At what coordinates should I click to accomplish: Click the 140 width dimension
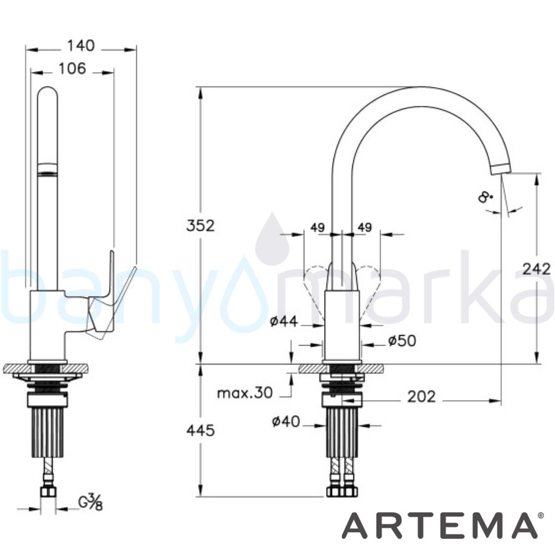tap(81, 46)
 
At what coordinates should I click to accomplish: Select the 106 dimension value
tap(72, 68)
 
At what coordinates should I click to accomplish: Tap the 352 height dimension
tap(200, 226)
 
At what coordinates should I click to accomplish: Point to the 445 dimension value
tap(200, 431)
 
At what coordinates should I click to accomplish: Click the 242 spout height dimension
tap(537, 269)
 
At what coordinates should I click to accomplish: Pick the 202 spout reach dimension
tap(421, 397)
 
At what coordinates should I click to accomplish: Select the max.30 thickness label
tap(245, 393)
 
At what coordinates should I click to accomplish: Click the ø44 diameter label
tap(284, 321)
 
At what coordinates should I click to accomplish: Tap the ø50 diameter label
tap(402, 341)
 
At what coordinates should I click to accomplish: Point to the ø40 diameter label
tap(286, 422)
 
